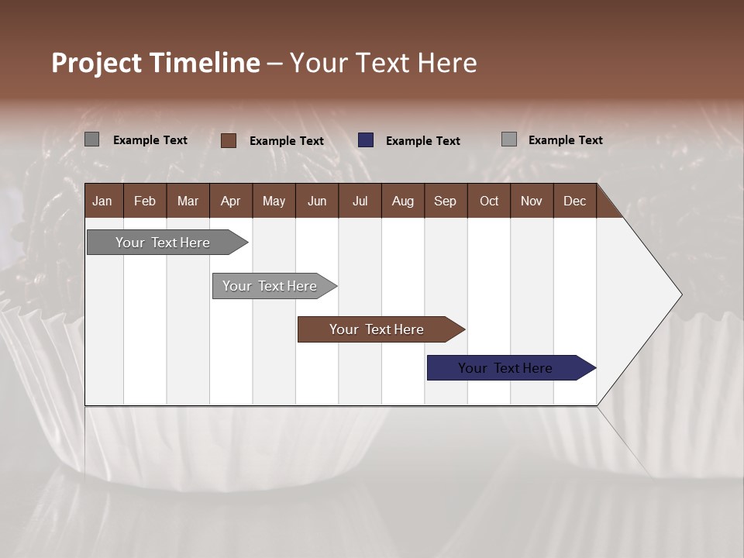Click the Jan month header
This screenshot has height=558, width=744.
[x=102, y=201]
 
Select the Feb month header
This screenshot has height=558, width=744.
[x=145, y=201]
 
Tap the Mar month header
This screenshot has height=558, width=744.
[x=188, y=201]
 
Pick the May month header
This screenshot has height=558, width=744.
[x=274, y=201]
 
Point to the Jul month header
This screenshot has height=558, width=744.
[x=360, y=201]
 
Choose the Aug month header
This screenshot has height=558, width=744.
[x=402, y=201]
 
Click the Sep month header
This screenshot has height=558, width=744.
[x=445, y=201]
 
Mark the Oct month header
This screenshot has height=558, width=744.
[x=489, y=201]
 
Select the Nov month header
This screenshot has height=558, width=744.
[x=531, y=201]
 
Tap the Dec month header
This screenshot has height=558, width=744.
[x=574, y=201]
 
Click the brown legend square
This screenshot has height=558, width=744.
[x=229, y=140]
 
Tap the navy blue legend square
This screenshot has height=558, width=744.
[x=366, y=140]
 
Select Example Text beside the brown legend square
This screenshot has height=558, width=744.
[x=287, y=141]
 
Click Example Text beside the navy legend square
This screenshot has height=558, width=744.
[x=423, y=141]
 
